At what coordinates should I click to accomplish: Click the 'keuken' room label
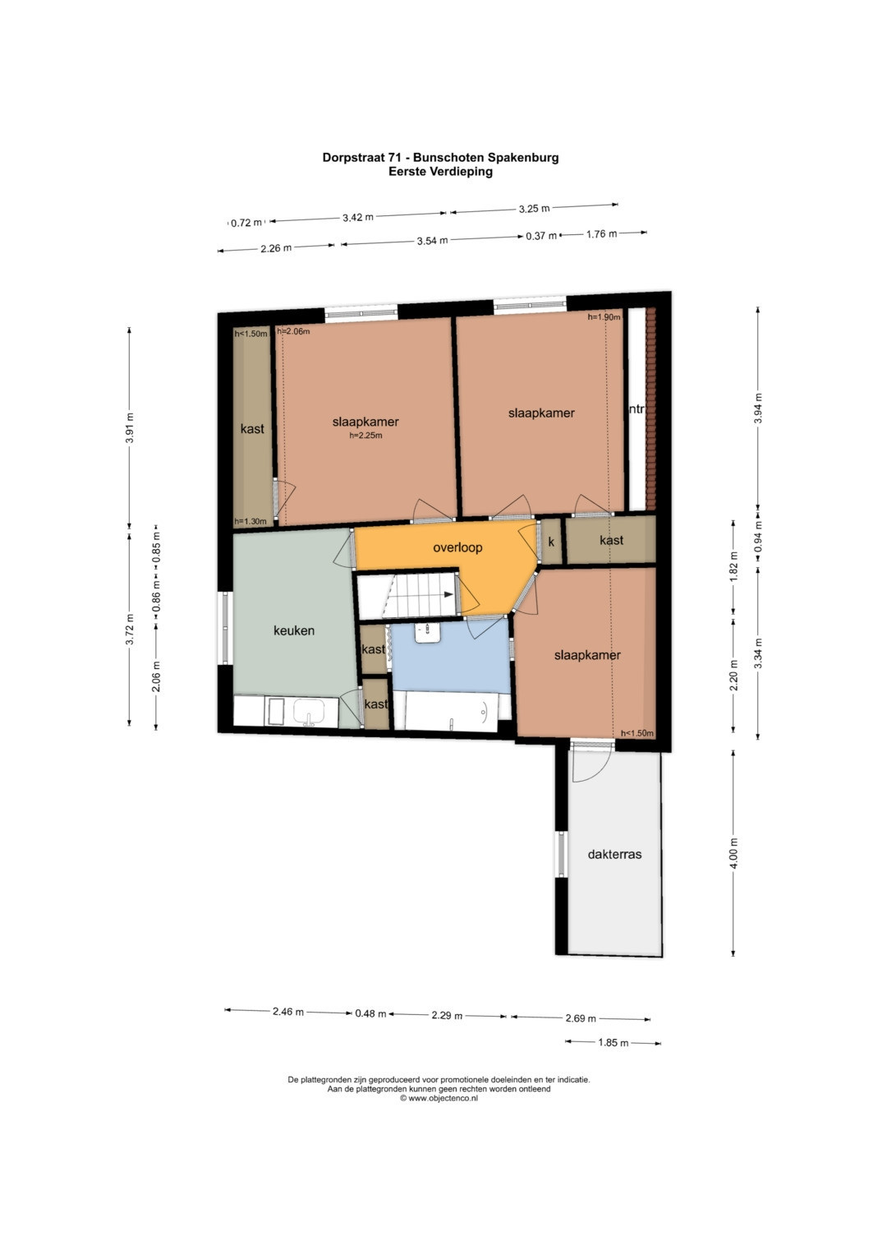point(293,631)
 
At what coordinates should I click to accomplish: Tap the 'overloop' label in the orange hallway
point(457,547)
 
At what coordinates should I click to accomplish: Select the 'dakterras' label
point(614,855)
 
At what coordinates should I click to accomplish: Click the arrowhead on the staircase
point(450,595)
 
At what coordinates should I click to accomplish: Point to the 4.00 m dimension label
point(734,853)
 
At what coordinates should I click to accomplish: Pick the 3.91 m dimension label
point(130,428)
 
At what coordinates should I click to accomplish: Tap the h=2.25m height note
point(365,436)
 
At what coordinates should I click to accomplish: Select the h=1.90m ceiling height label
point(604,317)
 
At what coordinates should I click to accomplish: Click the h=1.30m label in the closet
point(250,522)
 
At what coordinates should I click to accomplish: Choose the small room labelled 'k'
point(551,542)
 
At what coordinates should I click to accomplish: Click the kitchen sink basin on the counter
point(309,712)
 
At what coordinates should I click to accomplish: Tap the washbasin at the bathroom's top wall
point(427,633)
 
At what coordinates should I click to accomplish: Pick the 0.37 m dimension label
point(541,236)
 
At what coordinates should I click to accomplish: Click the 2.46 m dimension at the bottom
point(287,1012)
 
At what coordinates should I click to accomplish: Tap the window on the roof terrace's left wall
point(562,854)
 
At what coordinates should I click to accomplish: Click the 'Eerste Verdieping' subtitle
point(441,172)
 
